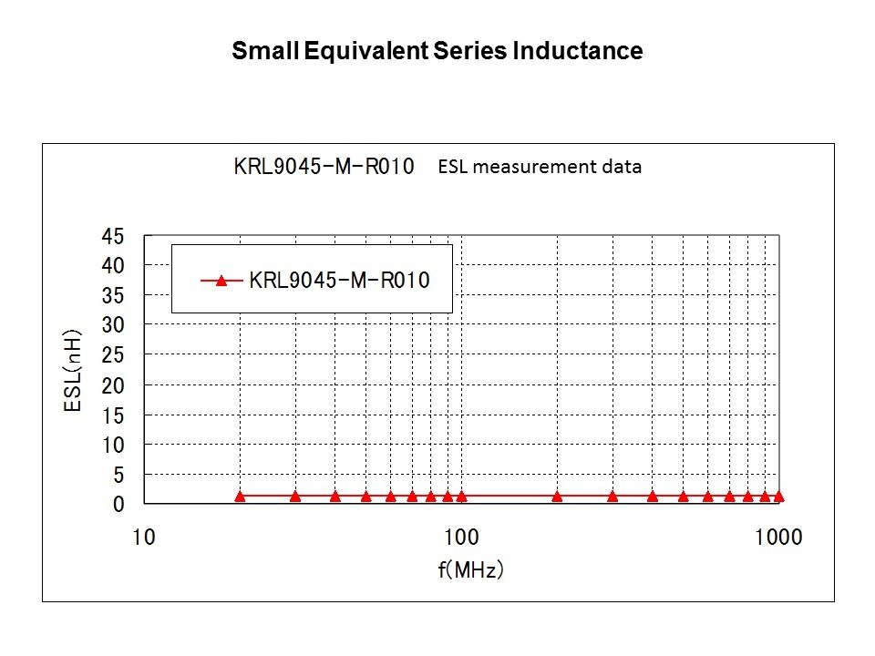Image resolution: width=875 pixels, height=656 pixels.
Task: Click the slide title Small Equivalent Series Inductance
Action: click(437, 51)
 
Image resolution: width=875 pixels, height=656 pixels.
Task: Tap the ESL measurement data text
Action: click(540, 167)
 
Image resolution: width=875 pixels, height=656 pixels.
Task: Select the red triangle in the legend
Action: click(221, 281)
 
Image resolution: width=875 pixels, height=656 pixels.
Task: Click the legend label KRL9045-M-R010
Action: click(339, 281)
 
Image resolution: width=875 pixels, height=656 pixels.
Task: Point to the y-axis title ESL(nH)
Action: click(73, 371)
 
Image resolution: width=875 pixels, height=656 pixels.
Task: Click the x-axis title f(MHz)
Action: click(470, 570)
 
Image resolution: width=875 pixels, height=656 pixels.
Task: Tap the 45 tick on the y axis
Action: click(111, 236)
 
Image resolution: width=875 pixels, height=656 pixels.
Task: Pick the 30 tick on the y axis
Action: click(111, 324)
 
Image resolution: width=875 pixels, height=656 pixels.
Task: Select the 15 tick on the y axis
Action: click(111, 415)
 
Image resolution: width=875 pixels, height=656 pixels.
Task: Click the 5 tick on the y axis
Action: click(117, 475)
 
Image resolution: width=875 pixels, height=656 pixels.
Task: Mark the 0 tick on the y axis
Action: click(117, 504)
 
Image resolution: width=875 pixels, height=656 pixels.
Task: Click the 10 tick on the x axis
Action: click(144, 537)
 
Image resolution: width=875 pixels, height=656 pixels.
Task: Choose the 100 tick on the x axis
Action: click(461, 537)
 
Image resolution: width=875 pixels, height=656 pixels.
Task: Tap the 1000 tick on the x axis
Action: click(777, 537)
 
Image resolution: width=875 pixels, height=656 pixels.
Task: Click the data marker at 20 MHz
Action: click(240, 497)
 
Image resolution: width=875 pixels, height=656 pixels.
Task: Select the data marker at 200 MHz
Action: click(557, 497)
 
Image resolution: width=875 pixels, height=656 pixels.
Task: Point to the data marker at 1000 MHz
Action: click(778, 497)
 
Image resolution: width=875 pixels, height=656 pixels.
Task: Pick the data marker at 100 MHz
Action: click(461, 497)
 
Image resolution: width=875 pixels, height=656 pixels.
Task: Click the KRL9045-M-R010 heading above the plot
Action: click(324, 167)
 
